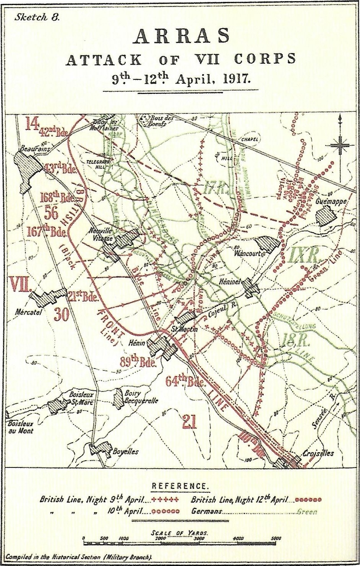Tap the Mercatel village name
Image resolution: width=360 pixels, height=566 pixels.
[28, 312]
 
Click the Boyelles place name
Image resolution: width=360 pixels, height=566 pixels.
[125, 451]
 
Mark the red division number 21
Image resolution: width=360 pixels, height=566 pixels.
[189, 422]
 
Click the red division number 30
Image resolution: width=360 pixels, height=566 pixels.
[62, 314]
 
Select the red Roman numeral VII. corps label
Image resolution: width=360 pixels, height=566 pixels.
[20, 285]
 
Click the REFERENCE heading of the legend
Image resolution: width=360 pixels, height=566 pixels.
[180, 486]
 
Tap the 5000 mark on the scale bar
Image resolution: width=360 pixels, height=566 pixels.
[276, 538]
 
